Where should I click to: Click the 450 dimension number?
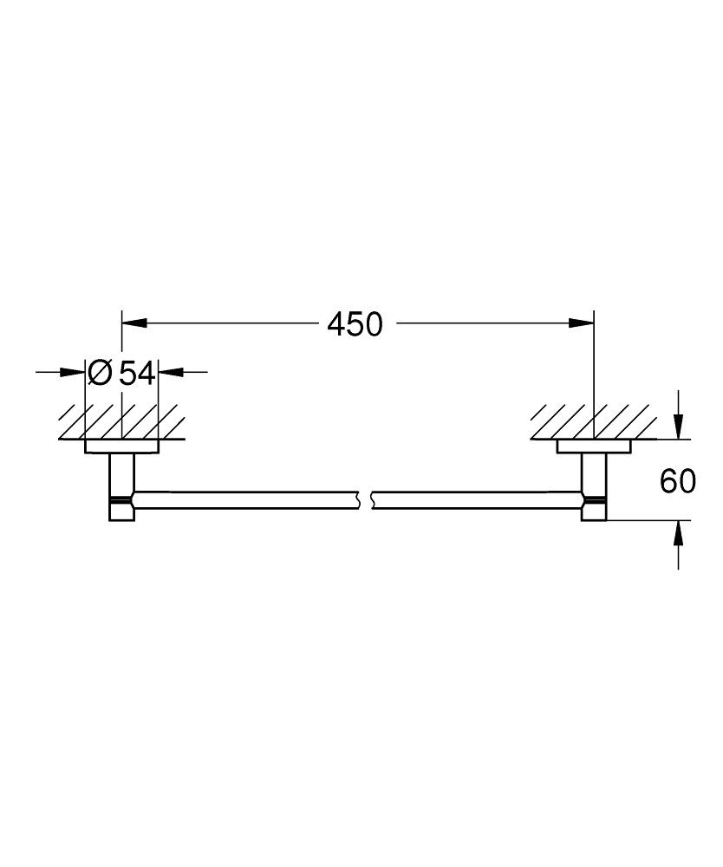355,324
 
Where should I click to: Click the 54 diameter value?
137,374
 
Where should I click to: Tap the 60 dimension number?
677,481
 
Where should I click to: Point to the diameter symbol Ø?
101,374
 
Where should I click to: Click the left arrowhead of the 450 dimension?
132,323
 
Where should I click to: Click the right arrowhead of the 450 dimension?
583,323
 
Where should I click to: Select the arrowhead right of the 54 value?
171,373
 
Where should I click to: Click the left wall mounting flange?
121,447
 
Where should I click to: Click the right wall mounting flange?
593,447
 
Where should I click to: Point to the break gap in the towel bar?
364,499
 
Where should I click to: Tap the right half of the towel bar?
477,499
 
